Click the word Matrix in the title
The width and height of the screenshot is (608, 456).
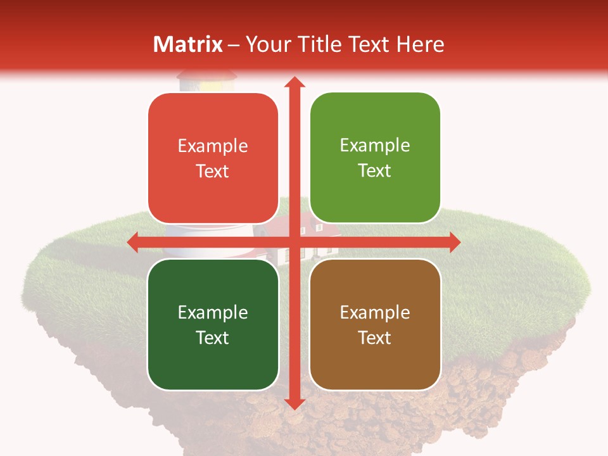(188, 44)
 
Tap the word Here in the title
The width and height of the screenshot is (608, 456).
(421, 44)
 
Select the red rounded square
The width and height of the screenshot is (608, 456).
(213, 158)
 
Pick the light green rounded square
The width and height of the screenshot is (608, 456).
(375, 158)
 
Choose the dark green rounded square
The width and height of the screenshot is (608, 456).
(213, 324)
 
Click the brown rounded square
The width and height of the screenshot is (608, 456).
(375, 324)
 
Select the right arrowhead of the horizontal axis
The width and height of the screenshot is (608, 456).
(455, 242)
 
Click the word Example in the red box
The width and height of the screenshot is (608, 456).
(213, 146)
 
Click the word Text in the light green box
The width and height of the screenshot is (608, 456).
(375, 171)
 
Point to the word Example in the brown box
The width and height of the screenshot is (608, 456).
(375, 312)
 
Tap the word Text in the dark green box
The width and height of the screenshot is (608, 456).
(213, 338)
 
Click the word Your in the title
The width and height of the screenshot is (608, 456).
(265, 44)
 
